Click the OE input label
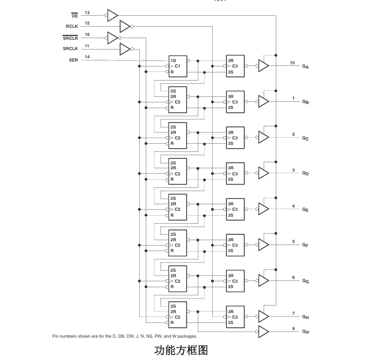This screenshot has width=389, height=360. pyautogui.click(x=75, y=16)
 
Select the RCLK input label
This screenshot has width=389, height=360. pyautogui.click(x=72, y=26)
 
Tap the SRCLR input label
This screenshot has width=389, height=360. pyautogui.click(x=70, y=38)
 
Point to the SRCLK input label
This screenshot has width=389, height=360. pyautogui.click(x=70, y=48)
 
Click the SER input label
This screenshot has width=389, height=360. pyautogui.click(x=73, y=60)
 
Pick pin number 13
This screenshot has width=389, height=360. pyautogui.click(x=87, y=13)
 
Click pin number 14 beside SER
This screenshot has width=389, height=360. pyautogui.click(x=87, y=57)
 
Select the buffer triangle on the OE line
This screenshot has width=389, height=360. pyautogui.click(x=113, y=15)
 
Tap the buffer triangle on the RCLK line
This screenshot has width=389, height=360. pyautogui.click(x=125, y=26)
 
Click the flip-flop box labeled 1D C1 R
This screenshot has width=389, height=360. pyautogui.click(x=177, y=66)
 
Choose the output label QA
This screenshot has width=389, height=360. pyautogui.click(x=305, y=66)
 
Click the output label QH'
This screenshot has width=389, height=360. pyautogui.click(x=306, y=332)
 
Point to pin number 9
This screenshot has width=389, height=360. pyautogui.click(x=293, y=328)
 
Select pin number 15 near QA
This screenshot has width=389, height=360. pyautogui.click(x=292, y=63)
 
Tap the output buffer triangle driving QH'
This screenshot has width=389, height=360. pyautogui.click(x=263, y=332)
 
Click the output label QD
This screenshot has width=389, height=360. pyautogui.click(x=305, y=173)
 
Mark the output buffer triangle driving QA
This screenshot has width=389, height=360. pyautogui.click(x=263, y=66)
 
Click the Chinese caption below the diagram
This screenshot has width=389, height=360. pyautogui.click(x=181, y=350)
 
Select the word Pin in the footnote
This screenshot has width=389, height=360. pyautogui.click(x=55, y=336)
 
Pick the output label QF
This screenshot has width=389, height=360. pyautogui.click(x=305, y=245)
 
